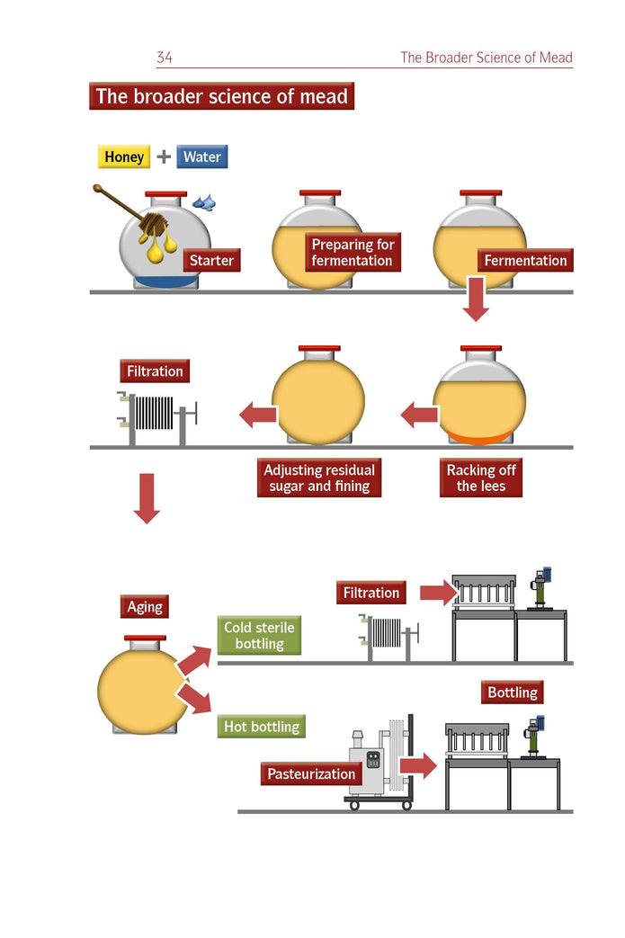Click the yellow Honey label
(124, 156)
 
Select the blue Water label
(202, 156)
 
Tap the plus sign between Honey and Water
(164, 156)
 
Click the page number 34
(165, 58)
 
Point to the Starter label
(211, 261)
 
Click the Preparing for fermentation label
(353, 253)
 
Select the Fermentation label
(525, 261)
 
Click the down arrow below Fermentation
(476, 299)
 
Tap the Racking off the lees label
(481, 478)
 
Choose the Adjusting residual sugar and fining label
(319, 478)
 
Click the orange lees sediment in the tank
(479, 438)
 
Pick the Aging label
(145, 607)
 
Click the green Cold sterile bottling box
(259, 635)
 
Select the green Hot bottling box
(262, 726)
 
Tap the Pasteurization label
(311, 773)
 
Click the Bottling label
(513, 692)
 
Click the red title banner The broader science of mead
(221, 96)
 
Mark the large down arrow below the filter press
(147, 497)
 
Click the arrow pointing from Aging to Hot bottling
(194, 696)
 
